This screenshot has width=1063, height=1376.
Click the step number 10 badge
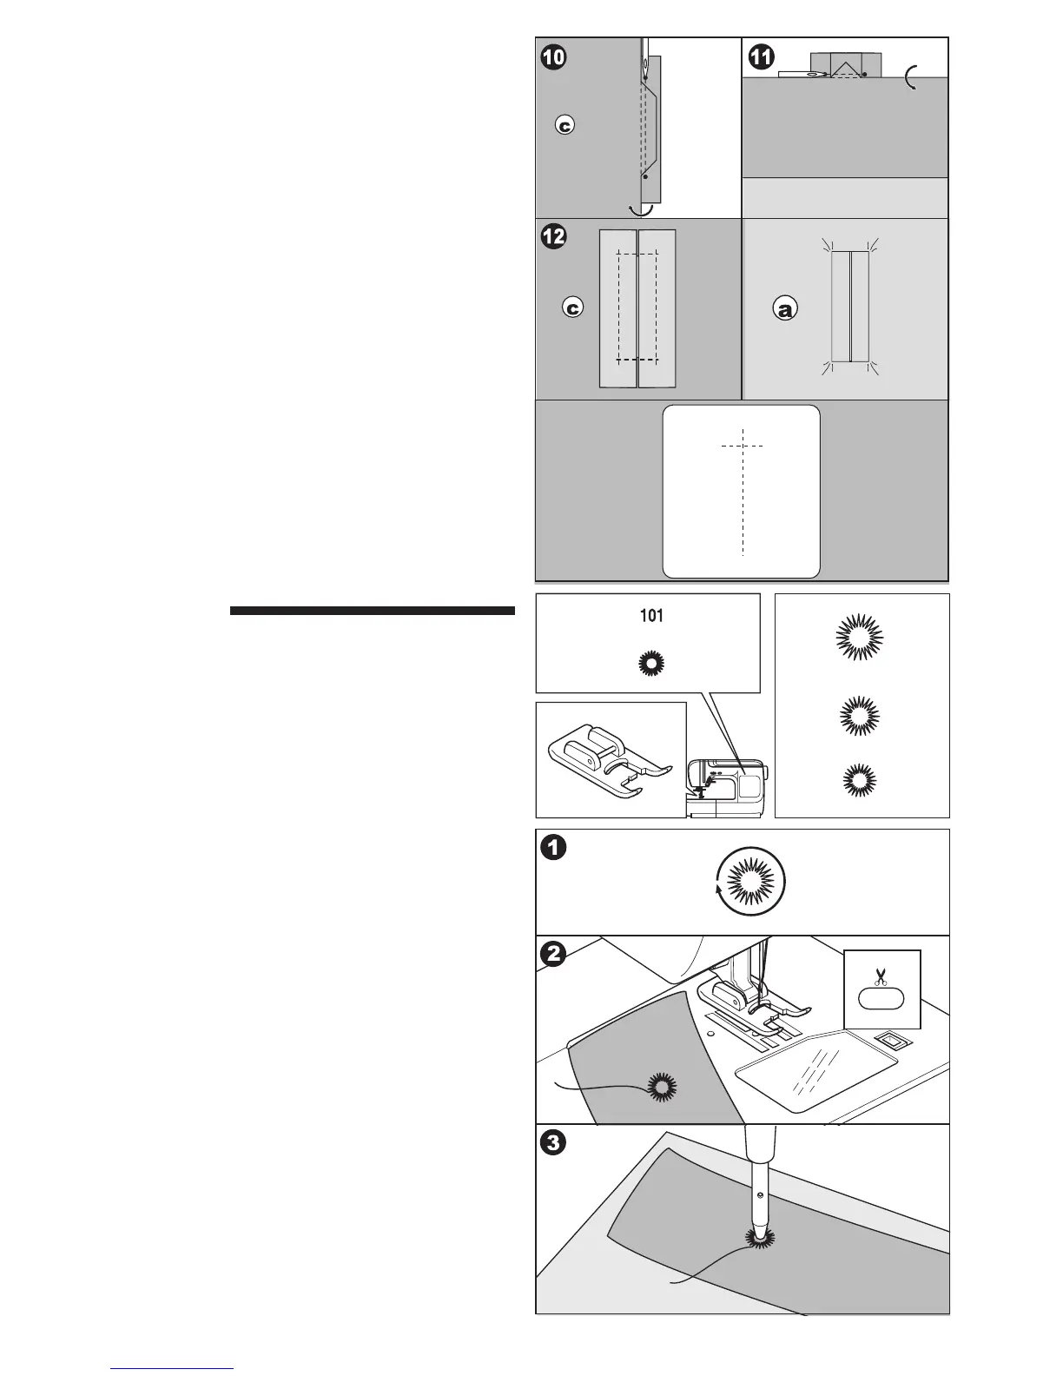554,57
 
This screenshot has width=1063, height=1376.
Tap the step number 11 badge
761,57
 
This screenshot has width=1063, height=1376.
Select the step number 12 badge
554,235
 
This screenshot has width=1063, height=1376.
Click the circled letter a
784,308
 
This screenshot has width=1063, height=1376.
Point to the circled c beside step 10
565,126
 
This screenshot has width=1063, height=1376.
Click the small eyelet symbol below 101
650,665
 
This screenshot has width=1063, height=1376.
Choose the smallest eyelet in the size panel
859,778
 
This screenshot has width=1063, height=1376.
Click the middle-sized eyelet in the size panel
859,715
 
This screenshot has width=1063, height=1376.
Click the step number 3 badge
554,1143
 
